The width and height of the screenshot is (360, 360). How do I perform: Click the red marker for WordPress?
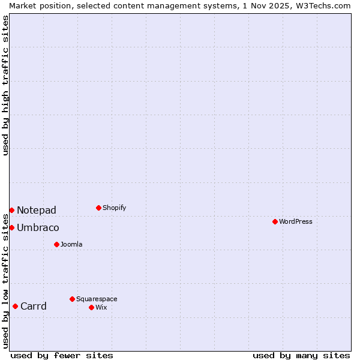pos(275,221)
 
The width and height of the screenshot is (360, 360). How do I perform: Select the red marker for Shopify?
pos(98,208)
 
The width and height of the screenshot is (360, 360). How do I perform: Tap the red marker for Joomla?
pos(56,244)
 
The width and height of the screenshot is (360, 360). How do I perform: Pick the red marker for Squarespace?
pos(72,299)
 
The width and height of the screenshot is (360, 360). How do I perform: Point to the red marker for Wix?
pos(91,307)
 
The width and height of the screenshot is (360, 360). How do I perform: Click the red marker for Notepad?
pos(11,210)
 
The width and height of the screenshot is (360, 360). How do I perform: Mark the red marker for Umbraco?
pos(11,227)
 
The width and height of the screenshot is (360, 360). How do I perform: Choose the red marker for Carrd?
pos(15,306)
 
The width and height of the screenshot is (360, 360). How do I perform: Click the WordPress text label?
pos(296,221)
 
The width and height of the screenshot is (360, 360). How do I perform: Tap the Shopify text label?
pos(114,208)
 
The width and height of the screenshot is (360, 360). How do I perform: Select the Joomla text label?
pos(71,244)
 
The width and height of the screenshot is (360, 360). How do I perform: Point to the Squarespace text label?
pos(97,299)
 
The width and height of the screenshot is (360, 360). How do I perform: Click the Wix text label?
pos(101,307)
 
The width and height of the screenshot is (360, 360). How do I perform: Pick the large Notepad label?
pos(37,210)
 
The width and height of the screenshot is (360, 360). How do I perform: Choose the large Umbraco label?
pos(38,227)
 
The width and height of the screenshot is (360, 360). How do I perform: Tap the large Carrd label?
pos(33,306)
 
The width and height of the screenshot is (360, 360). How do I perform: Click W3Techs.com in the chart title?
pos(322,5)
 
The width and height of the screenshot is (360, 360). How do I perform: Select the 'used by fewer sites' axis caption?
pos(62,355)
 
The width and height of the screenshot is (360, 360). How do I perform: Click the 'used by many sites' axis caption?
pos(301,355)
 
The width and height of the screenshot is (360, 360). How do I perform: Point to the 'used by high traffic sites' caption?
pos(6,85)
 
